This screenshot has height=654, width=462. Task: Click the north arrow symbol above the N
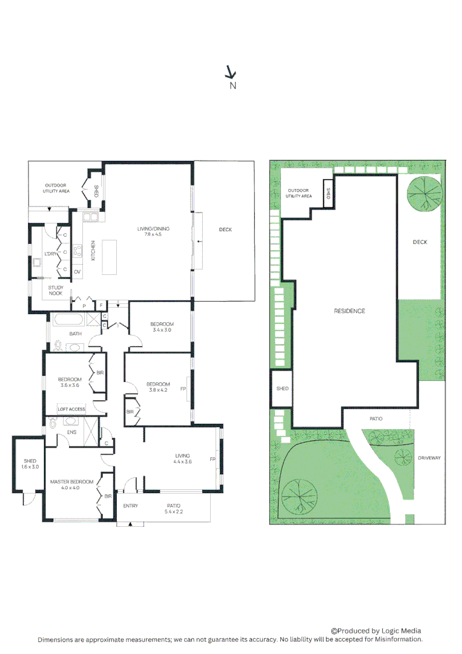(x=230, y=72)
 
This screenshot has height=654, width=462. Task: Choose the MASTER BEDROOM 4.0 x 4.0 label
(x=71, y=484)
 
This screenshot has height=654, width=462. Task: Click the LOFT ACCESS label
(x=71, y=409)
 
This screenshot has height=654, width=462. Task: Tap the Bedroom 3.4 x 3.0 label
(x=162, y=327)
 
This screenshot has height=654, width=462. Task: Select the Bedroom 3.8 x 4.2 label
(x=158, y=388)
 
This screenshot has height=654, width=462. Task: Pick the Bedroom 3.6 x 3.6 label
(x=70, y=382)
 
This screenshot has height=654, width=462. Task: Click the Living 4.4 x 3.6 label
(x=183, y=458)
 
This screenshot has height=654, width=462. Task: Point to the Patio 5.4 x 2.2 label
(x=174, y=509)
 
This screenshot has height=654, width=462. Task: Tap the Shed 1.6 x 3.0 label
(x=30, y=464)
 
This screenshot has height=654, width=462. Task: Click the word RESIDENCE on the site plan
(x=349, y=311)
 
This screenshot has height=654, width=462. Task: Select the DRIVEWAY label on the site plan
(x=430, y=458)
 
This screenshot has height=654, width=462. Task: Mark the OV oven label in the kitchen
(x=78, y=272)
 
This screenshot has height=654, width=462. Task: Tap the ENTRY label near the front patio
(x=130, y=506)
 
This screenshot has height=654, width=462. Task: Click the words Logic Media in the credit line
(x=402, y=630)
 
